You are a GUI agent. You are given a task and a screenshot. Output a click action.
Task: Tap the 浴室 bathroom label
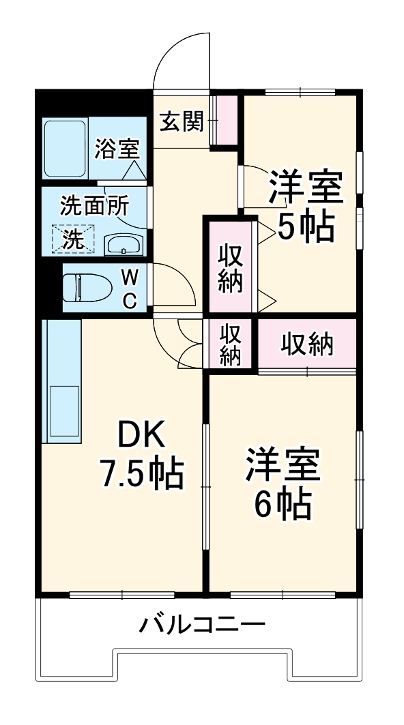(117, 148)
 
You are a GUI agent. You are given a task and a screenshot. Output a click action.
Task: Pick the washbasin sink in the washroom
(123, 244)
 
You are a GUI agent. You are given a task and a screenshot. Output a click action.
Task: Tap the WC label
(131, 287)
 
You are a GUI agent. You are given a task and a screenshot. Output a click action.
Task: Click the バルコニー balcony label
(203, 624)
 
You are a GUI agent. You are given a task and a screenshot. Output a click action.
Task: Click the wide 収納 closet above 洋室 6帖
(308, 344)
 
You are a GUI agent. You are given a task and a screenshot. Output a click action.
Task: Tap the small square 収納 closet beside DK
(230, 344)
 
